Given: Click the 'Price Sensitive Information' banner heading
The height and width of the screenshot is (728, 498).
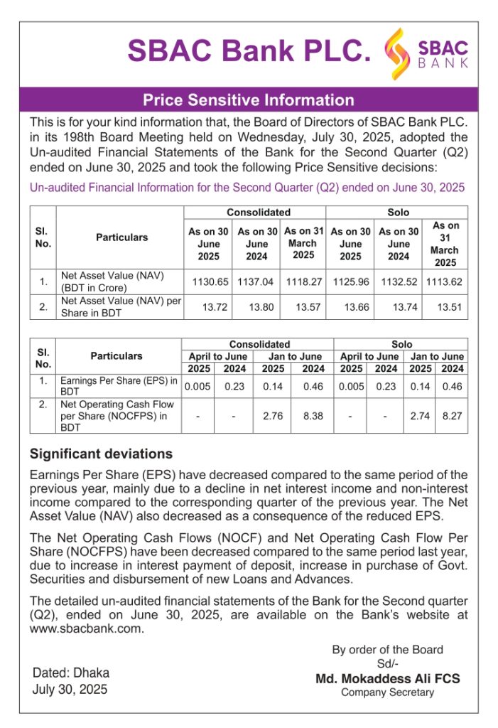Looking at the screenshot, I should click(x=249, y=100).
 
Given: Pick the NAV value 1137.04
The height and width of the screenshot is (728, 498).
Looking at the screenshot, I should click(x=257, y=282).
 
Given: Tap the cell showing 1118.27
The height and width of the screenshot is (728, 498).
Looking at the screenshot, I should click(x=303, y=282).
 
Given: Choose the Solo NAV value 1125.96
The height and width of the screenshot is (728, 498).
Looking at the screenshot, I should click(x=350, y=282).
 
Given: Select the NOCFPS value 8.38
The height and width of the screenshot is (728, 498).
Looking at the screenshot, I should click(x=313, y=415).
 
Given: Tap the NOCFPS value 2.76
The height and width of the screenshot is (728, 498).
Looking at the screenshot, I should click(x=274, y=415).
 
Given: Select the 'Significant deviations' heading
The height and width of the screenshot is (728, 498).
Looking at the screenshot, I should click(x=101, y=454).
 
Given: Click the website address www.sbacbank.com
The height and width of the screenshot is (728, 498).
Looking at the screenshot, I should click(x=86, y=628).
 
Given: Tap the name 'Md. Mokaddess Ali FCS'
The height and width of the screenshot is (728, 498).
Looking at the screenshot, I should click(x=387, y=679).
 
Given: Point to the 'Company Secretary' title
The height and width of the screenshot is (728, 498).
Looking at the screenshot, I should click(x=387, y=692).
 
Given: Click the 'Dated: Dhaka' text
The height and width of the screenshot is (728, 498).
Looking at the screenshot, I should click(x=71, y=673).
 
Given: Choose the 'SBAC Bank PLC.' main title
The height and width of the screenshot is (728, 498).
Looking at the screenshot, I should click(x=249, y=51).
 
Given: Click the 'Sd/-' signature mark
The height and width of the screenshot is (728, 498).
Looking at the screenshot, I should click(x=387, y=663).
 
